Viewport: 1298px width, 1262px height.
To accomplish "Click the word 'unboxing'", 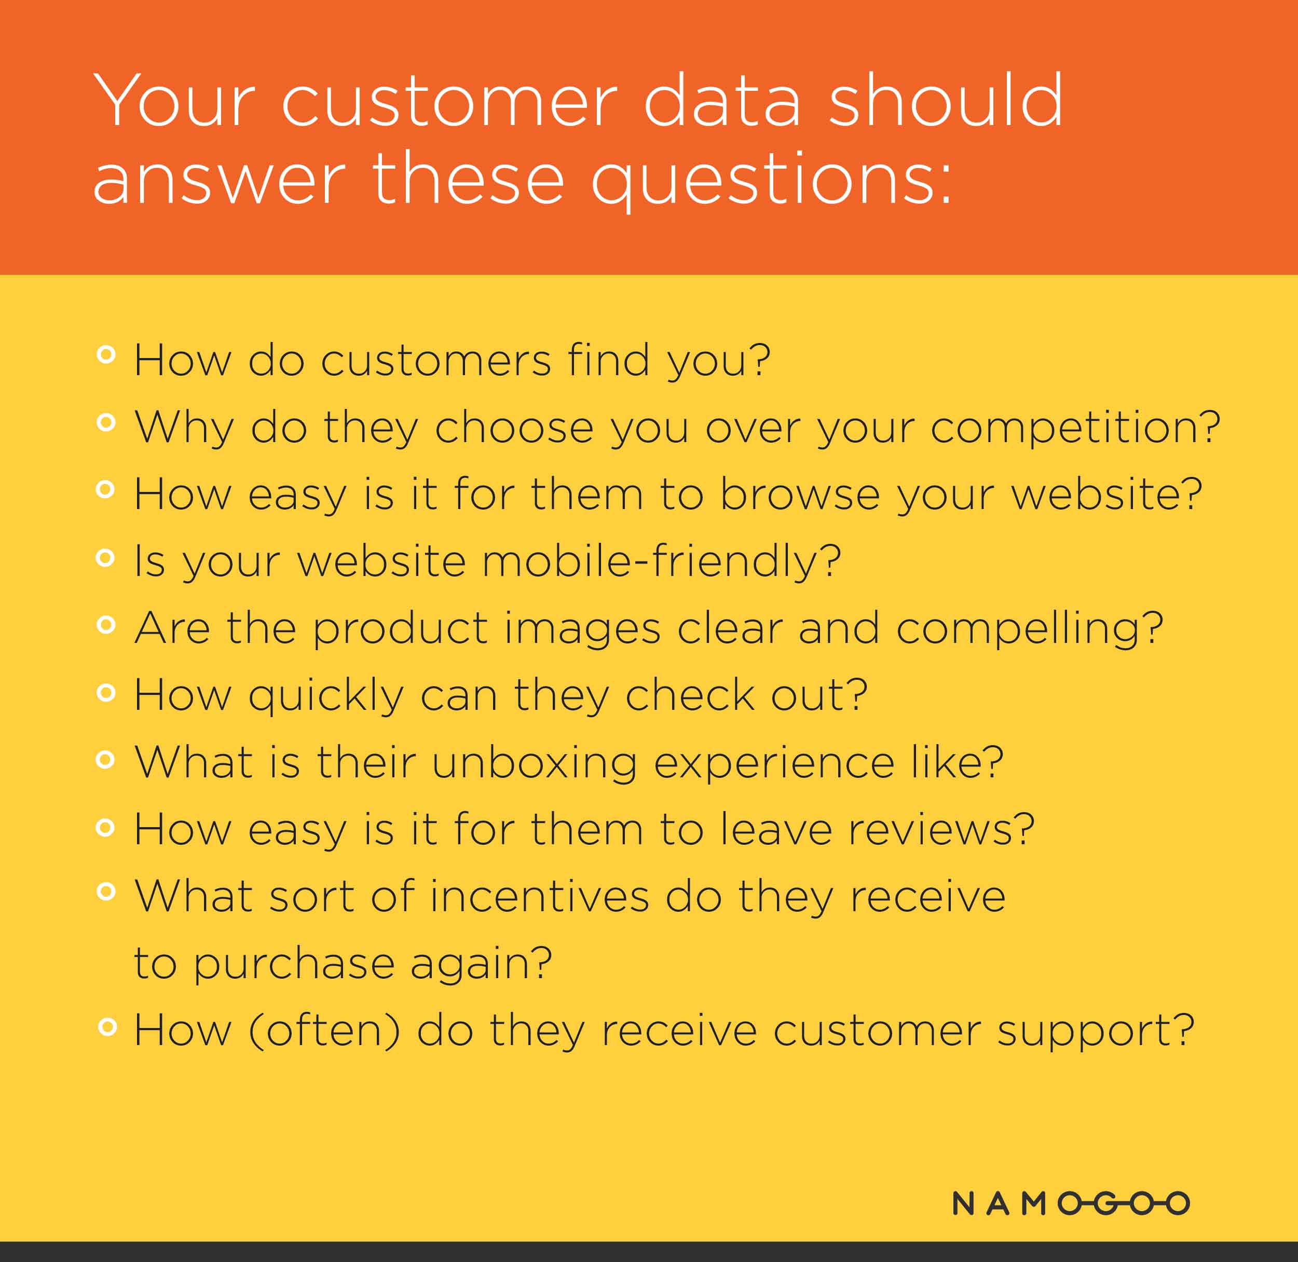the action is coord(535,763).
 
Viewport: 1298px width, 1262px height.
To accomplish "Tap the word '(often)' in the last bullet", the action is coord(324,1030).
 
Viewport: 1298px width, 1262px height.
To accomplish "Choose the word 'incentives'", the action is coord(540,896).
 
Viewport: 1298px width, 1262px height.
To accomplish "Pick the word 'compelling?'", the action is coord(1030,629).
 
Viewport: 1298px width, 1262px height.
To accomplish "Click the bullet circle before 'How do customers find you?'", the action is coord(106,354).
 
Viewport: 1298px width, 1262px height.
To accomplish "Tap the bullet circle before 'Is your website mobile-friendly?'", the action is coord(105,558).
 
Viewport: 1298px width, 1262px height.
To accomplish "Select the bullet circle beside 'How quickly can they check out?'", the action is coord(106,693).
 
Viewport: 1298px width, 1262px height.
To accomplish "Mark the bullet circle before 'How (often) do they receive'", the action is coord(107,1027).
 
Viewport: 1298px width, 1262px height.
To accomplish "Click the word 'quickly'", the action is coord(326,696).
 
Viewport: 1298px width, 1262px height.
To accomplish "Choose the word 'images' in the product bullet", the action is coord(582,629).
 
